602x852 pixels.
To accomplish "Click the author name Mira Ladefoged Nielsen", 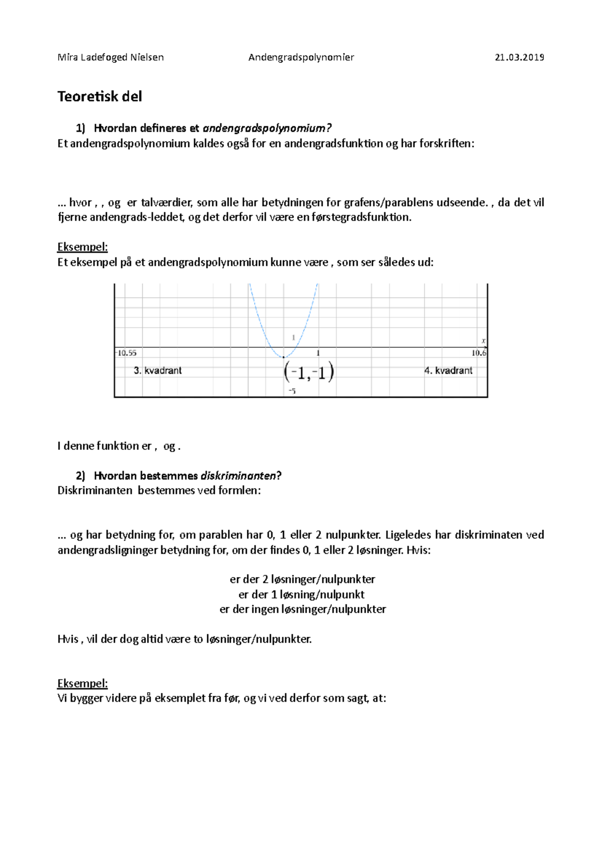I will point(110,57).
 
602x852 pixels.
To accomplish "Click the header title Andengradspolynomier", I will point(301,57).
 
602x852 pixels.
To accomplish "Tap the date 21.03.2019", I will point(519,57).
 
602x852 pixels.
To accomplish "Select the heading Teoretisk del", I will point(99,96).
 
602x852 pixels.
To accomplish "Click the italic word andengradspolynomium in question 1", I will point(266,128).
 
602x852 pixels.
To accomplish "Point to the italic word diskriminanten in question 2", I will point(238,476).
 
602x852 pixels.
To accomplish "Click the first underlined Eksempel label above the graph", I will point(82,247).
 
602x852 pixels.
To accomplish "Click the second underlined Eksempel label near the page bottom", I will point(82,683).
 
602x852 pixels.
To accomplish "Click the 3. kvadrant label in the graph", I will point(158,371).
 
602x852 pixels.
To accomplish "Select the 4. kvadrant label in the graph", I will point(448,371).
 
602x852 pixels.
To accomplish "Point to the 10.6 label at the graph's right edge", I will point(479,353).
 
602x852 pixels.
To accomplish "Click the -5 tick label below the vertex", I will point(292,391).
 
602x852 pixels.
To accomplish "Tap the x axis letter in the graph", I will point(484,341).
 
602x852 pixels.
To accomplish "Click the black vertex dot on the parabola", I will point(284,357).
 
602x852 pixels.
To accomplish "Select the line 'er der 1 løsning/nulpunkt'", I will point(302,595).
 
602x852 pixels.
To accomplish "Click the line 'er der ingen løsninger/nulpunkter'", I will point(303,610).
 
